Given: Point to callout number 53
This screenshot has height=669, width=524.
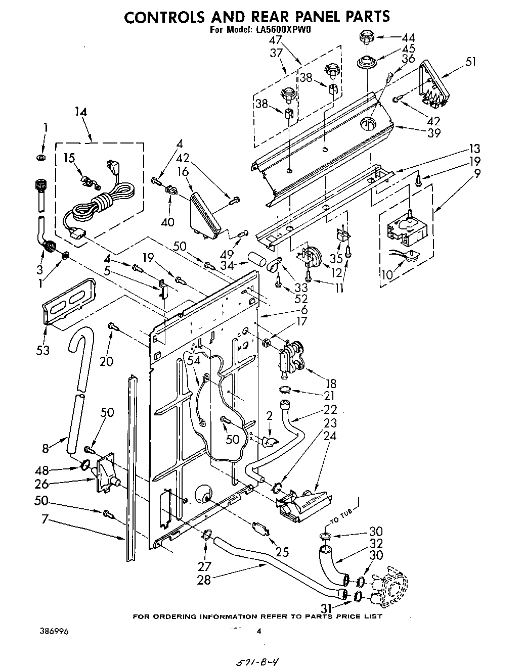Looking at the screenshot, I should coord(43,350).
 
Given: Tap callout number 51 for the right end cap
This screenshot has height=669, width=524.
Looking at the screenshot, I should coord(471,62).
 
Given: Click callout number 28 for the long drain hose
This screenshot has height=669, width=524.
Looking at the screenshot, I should coord(204,580).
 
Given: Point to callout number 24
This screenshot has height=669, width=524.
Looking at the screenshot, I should coord(330,436).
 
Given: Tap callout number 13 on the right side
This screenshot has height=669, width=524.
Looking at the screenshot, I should coord(473,149).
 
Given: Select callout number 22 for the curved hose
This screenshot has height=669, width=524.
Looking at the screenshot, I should coord(330,409).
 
